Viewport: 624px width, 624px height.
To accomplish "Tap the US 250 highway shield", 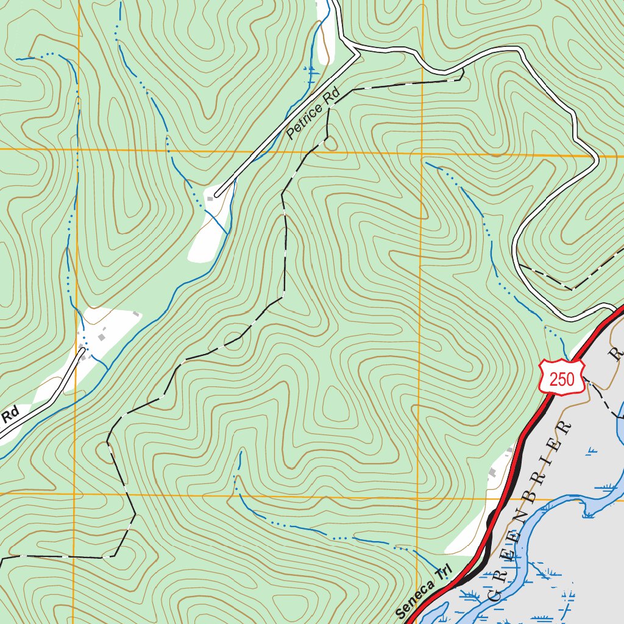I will point(561,378).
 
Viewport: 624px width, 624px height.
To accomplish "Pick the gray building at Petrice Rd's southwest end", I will point(211,199).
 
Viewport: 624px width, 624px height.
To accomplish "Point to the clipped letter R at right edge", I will point(617,354).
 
